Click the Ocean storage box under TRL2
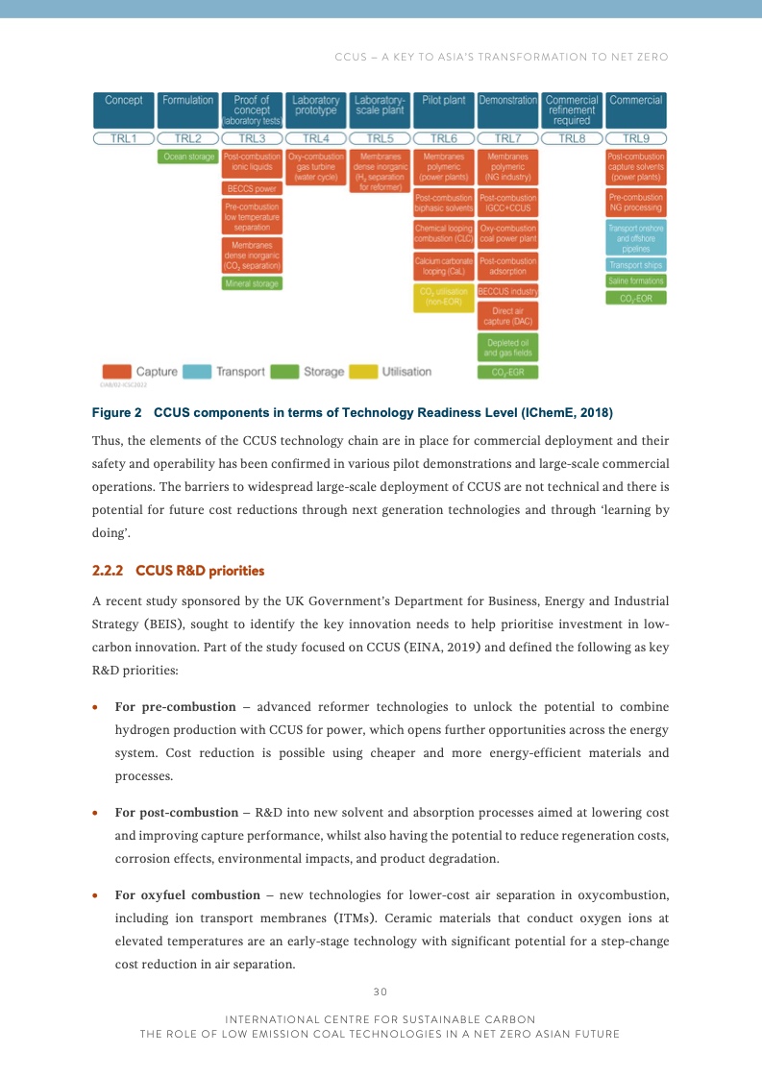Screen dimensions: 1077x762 tap(187, 157)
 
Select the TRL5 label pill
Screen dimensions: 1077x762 tap(380, 138)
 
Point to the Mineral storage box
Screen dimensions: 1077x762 tap(252, 283)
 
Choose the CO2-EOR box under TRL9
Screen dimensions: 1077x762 tap(635, 298)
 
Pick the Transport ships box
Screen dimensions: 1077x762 tap(635, 264)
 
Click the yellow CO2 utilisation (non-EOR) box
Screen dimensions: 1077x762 tap(443, 297)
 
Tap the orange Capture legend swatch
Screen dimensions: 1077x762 tap(116, 372)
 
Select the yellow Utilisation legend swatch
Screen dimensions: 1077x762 tap(362, 372)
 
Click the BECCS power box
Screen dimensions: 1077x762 tap(252, 189)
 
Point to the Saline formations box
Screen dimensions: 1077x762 tap(635, 281)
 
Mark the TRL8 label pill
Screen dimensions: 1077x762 tap(572, 138)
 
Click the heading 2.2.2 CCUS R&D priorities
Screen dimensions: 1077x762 tap(178, 571)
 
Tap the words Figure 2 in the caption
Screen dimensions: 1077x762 tap(116, 412)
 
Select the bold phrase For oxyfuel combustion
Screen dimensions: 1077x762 tap(187, 895)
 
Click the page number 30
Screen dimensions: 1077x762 tap(380, 991)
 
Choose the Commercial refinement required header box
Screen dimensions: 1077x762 tap(572, 110)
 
